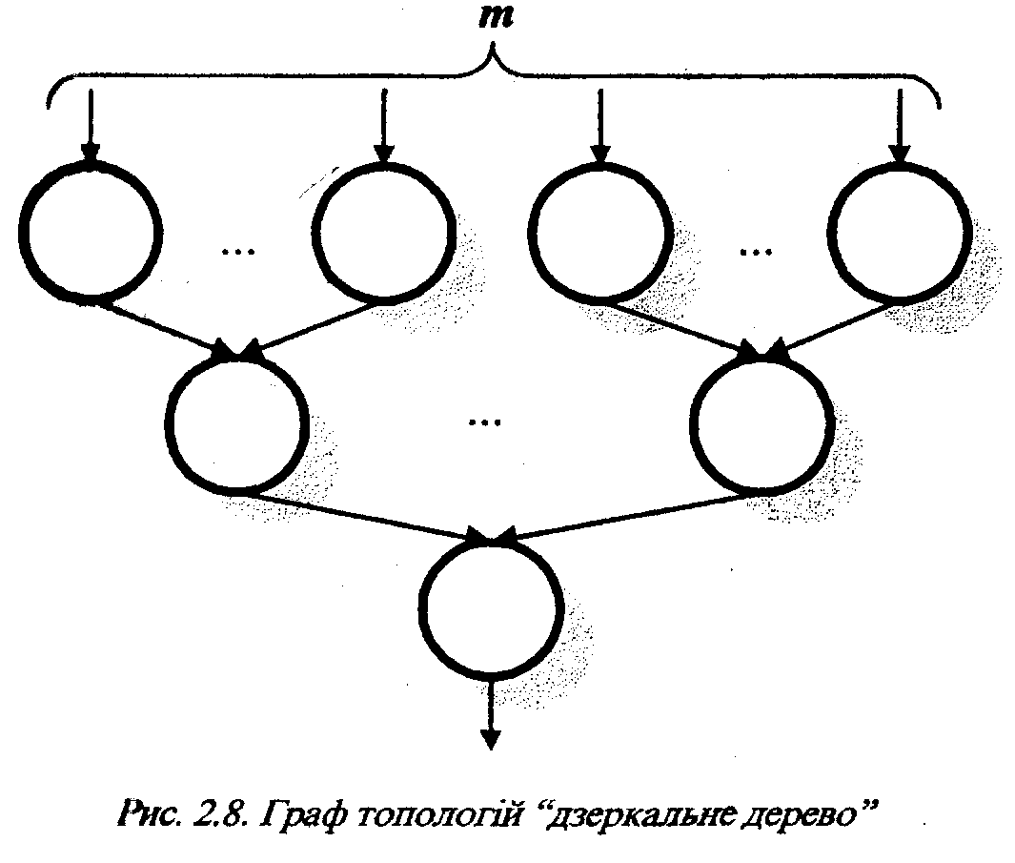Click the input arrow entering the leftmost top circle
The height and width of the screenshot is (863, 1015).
pos(90,124)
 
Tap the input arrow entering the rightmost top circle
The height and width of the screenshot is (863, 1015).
pos(899,124)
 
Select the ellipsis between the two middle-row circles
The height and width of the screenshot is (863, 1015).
pos(484,420)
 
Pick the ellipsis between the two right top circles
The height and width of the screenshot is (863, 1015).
pos(756,250)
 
